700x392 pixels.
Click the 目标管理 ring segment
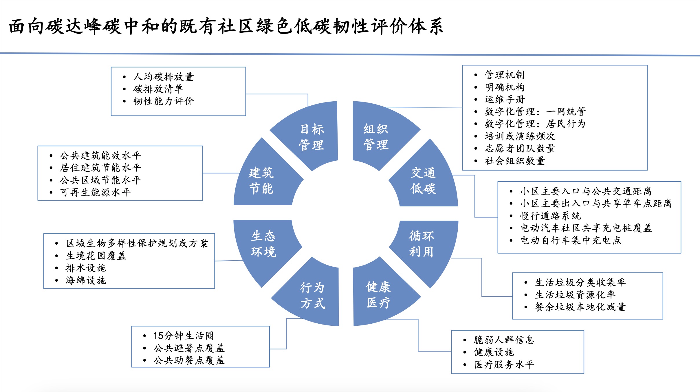click(311, 137)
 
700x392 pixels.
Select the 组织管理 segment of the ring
click(376, 137)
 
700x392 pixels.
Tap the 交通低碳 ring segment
click(423, 180)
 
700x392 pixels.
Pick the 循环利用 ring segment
click(422, 244)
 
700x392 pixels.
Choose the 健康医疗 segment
click(378, 295)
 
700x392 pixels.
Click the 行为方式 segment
click(313, 295)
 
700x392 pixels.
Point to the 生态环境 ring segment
click(263, 244)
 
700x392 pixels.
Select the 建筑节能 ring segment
click(261, 180)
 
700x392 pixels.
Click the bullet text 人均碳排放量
click(163, 77)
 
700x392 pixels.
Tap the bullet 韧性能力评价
click(164, 101)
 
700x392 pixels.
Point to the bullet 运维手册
click(505, 99)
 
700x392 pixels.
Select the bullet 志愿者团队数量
click(520, 148)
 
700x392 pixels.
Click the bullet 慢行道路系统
click(550, 216)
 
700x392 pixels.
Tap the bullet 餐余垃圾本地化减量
click(580, 307)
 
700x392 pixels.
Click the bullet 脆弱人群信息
click(504, 340)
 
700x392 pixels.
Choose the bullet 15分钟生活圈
click(183, 336)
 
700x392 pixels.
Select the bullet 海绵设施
click(86, 280)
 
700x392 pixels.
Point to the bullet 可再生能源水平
click(95, 192)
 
